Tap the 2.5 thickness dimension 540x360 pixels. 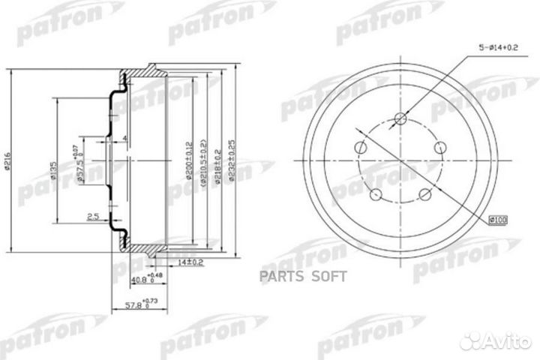[92, 217]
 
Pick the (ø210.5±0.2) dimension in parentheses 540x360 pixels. [204, 160]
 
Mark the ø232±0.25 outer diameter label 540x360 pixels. [232, 160]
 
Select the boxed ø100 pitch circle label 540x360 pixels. [498, 219]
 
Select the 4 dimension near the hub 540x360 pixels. [124, 137]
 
